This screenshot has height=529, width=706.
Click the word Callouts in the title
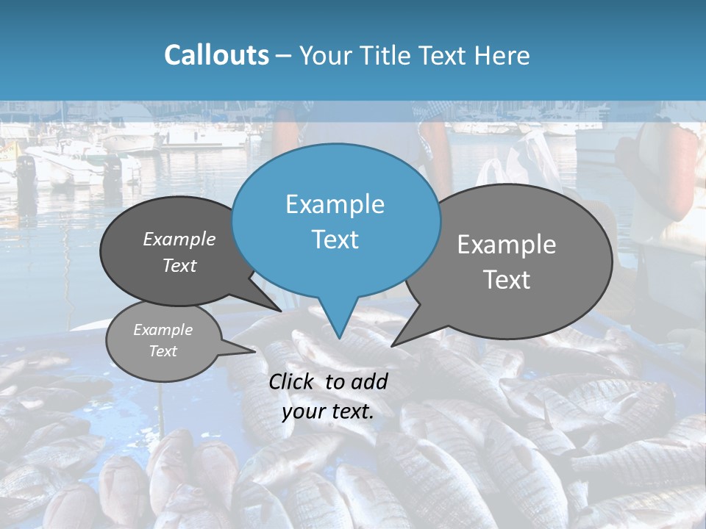click(216, 55)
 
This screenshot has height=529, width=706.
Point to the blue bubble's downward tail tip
click(339, 337)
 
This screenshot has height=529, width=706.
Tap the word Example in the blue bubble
click(335, 204)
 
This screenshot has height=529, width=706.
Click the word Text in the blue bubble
click(335, 240)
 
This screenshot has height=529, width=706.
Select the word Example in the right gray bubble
click(507, 244)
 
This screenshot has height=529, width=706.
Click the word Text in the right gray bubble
click(507, 280)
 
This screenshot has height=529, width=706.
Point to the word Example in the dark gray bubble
click(179, 239)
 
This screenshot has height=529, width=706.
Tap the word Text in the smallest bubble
click(163, 351)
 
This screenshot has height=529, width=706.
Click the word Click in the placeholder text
click(291, 381)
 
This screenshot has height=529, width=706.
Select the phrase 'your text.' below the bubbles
click(328, 411)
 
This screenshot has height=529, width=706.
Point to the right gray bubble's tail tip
click(393, 345)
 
